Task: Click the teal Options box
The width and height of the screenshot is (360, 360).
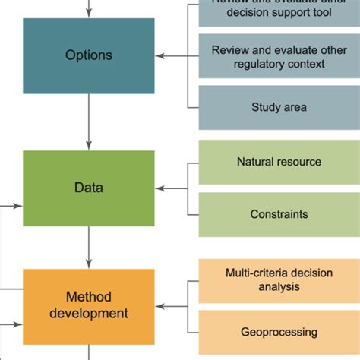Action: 89,55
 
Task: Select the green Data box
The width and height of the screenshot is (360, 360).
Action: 89,188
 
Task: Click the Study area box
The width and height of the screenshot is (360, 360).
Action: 279,107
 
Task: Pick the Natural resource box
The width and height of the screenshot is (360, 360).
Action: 279,162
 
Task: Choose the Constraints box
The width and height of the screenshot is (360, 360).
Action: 279,214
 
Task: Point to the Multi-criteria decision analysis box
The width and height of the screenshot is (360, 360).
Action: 279,279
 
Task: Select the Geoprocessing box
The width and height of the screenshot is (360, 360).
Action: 279,332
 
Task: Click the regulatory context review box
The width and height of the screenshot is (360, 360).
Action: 279,56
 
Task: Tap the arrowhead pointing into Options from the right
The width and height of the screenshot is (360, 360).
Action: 160,55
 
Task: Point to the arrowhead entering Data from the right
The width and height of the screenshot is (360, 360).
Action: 160,188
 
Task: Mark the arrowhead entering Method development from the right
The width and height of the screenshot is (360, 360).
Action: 160,307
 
